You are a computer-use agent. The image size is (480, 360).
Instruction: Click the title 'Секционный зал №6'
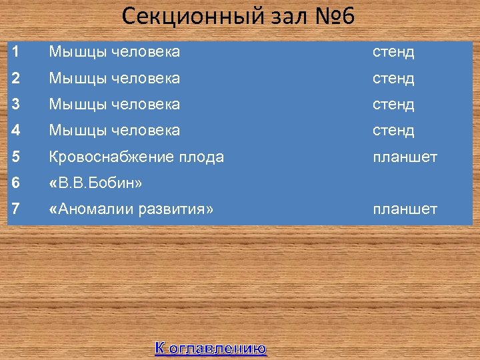coord(239,16)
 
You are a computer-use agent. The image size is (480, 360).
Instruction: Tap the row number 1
coord(15,51)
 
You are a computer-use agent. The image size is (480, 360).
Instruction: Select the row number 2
coord(15,78)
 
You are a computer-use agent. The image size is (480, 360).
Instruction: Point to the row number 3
coord(15,104)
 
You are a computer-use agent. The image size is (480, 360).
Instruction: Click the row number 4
coord(15,130)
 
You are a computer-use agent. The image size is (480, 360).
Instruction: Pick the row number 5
coord(15,157)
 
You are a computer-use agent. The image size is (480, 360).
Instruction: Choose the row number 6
coord(15,183)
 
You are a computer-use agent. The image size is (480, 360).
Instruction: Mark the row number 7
coord(15,209)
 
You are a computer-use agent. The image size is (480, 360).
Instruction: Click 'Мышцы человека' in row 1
coord(114,51)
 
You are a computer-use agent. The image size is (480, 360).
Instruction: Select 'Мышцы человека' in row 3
coord(114,104)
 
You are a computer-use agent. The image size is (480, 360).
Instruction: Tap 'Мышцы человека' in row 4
coord(114,130)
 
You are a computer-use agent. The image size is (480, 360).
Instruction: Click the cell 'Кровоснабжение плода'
coord(136,157)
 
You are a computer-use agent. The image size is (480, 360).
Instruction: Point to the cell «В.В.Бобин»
coord(95,183)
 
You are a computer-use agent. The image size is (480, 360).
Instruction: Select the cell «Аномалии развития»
coord(131,209)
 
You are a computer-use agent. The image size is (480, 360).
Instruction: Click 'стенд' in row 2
coord(393,78)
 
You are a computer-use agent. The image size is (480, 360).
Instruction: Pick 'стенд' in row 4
coord(393,130)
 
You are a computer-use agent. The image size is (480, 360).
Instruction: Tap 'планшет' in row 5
coord(405,157)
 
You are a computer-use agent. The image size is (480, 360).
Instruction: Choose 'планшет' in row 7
coord(405,209)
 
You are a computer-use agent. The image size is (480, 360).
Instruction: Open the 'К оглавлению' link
coord(211,347)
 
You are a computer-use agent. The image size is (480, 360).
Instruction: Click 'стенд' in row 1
coord(393,51)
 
